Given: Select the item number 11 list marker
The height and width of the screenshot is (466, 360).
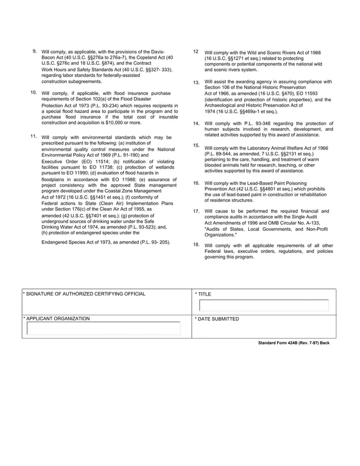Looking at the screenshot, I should [34, 137].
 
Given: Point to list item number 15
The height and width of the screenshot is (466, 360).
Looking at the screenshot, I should [196, 146].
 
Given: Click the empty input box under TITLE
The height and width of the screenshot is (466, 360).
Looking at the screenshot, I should [264, 306].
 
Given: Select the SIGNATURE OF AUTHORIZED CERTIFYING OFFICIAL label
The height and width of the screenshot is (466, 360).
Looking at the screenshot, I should [85, 294].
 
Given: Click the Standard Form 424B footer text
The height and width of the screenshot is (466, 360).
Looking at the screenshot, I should [293, 343].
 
